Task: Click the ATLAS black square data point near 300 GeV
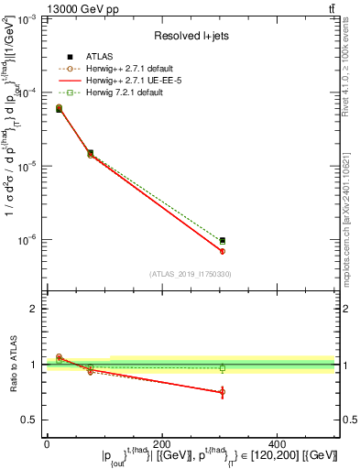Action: (223, 240)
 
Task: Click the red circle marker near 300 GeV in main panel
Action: (223, 251)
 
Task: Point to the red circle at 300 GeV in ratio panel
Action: (223, 392)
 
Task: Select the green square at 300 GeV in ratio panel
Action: (223, 368)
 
